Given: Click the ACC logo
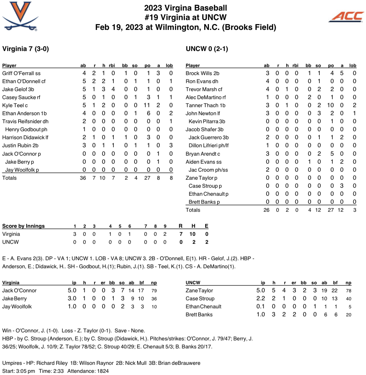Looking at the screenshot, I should tap(346, 16).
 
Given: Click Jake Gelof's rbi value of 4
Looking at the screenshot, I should tap(113, 89).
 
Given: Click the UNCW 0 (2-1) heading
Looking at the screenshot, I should tap(207, 49).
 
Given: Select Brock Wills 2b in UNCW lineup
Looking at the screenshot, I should tap(202, 73).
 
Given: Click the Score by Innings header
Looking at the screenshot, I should tap(23, 226).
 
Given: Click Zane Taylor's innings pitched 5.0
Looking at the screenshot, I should tap(261, 290).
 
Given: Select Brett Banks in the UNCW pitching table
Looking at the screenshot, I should tap(199, 315).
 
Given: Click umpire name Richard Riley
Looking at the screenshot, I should tap(52, 363).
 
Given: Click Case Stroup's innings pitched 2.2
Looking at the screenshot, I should tap(261, 298).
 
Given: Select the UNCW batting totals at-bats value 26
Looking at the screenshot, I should tap(267, 210).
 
